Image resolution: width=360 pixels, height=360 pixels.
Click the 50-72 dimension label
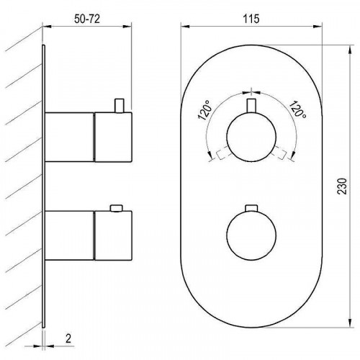[87, 19]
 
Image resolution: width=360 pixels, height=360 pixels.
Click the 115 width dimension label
[251, 19]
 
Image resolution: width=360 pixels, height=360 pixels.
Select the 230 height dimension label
[343, 186]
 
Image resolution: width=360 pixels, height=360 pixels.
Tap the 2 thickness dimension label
[68, 338]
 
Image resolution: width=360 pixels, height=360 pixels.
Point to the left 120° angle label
[205, 110]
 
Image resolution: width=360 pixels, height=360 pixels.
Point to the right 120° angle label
[297, 109]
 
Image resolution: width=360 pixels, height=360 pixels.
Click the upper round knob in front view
[251, 136]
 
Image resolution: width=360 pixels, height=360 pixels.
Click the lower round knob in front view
[251, 235]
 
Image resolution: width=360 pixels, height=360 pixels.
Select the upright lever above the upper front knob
[251, 106]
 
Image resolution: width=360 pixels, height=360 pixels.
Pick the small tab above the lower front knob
[251, 208]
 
